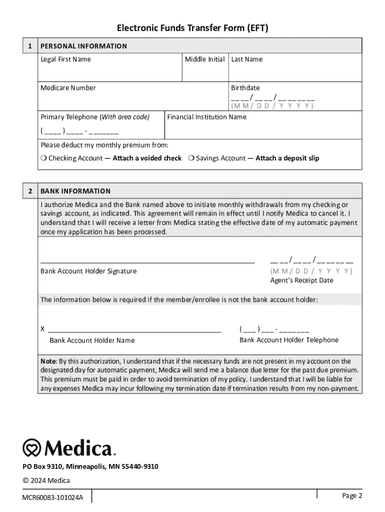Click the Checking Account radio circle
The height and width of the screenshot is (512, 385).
point(43,158)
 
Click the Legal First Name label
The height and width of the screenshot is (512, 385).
point(65,59)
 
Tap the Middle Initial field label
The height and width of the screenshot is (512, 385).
point(204,59)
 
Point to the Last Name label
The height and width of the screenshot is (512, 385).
point(246,59)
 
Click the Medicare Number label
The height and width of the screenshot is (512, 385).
point(68,88)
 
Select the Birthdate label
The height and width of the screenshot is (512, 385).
point(245,88)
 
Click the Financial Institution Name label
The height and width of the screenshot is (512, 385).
point(206,117)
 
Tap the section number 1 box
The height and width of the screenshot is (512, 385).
point(30,46)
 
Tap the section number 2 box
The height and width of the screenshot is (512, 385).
point(30,191)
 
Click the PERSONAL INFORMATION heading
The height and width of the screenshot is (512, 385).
point(83,46)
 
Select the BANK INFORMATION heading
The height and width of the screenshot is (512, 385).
point(75,191)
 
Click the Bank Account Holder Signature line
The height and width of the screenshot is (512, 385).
point(147,261)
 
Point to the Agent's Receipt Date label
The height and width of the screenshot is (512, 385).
point(301,280)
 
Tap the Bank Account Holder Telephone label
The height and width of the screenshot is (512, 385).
point(289,340)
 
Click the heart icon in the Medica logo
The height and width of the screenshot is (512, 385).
point(32,447)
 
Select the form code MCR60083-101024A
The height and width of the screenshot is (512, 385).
point(52,497)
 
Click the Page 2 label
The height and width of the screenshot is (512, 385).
point(352,495)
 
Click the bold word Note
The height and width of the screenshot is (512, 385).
point(48,361)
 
